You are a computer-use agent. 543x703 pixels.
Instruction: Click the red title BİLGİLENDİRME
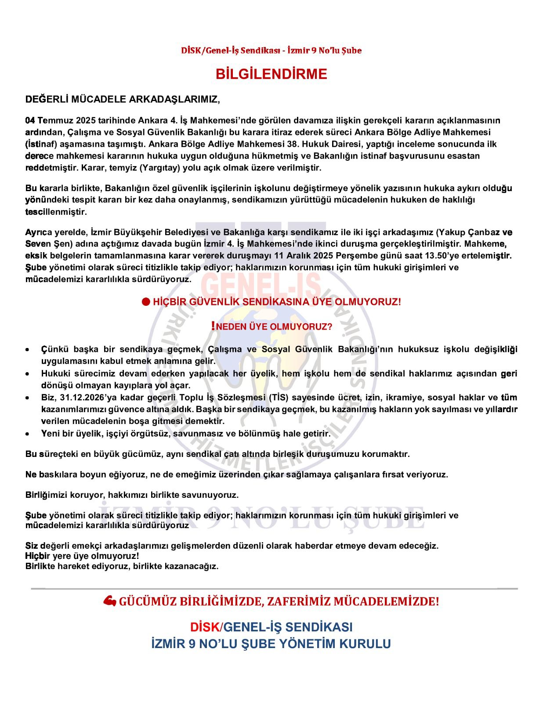(271, 74)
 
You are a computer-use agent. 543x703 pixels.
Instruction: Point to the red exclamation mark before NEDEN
(213, 326)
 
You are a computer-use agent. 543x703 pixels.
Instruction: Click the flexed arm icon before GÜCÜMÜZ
(109, 601)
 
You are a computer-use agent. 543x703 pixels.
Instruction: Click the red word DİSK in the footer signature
(204, 627)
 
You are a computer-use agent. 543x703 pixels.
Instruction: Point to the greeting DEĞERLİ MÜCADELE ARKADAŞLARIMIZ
(123, 99)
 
